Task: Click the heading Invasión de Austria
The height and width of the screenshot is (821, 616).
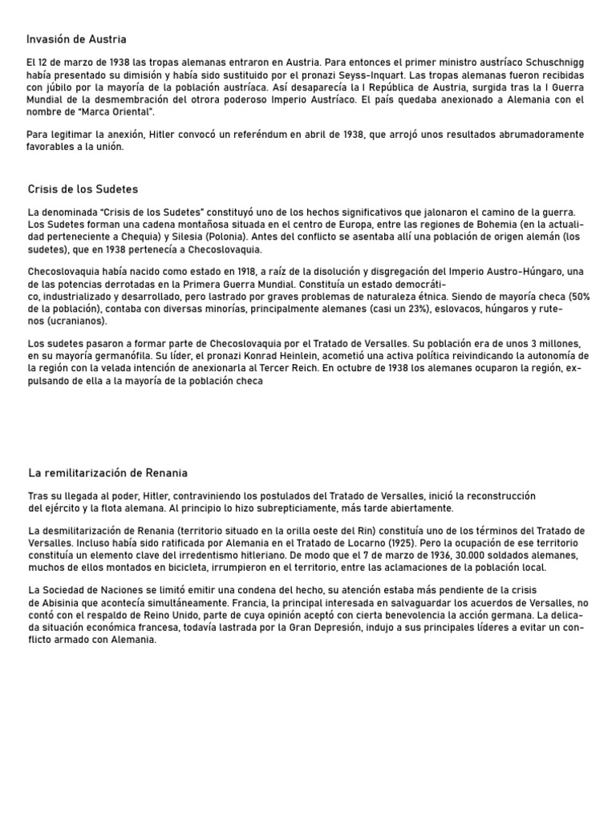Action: click(76, 39)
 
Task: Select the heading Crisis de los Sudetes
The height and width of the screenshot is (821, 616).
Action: click(82, 189)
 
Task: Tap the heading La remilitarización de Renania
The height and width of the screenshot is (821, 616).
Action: click(107, 473)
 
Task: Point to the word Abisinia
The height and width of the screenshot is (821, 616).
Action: click(64, 603)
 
